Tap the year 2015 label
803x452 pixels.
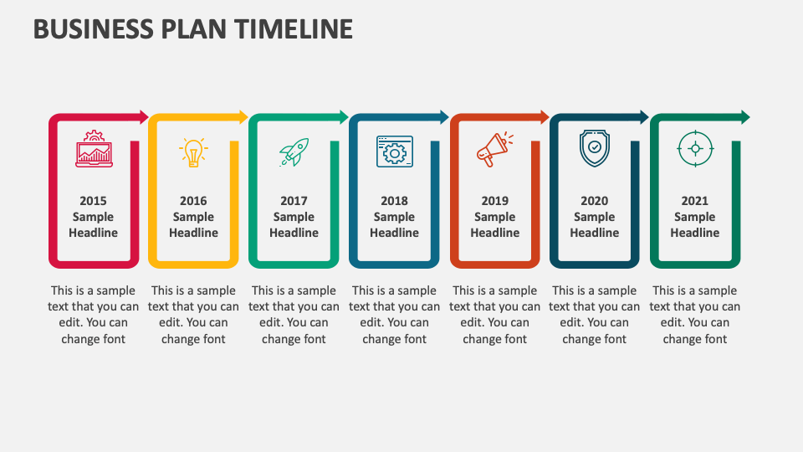94,201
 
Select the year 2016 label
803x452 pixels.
193,201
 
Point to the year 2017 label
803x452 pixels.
294,201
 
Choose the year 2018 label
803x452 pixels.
394,201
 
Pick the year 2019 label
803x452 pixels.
494,201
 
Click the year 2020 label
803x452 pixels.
595,201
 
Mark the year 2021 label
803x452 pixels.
694,201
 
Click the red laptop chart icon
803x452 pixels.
93,149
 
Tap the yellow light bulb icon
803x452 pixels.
193,152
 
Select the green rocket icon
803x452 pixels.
294,152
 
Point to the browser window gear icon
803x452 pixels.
394,151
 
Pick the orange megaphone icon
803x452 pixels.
494,150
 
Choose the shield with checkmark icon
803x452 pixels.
595,148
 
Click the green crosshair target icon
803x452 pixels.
694,149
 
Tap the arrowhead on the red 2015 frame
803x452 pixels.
143,116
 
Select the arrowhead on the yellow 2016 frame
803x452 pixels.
243,116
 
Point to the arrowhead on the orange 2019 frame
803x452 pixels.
545,116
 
